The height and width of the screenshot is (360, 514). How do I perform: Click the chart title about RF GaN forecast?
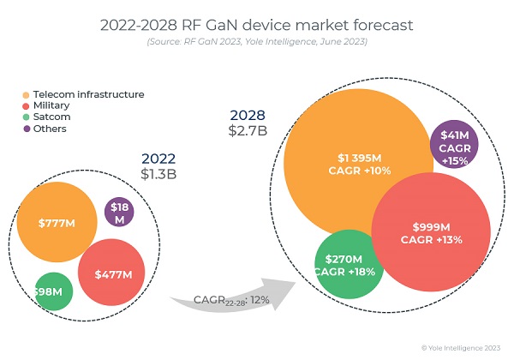[256, 25]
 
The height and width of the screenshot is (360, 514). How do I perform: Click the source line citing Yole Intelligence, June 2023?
[256, 43]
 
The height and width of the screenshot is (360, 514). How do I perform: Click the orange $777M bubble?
[57, 223]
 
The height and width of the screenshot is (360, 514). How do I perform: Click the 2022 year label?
[158, 159]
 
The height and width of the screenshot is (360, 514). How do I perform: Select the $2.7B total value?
[246, 131]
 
